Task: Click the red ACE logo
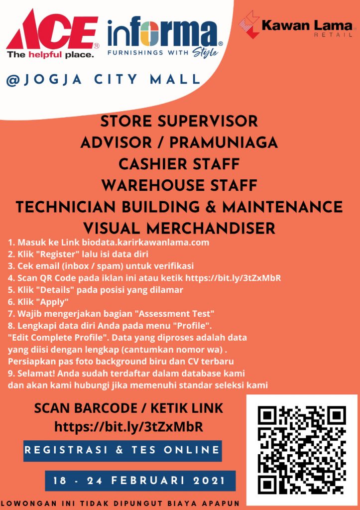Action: [x=52, y=30]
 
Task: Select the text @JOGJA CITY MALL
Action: [x=103, y=79]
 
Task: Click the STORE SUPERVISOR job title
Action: [x=179, y=122]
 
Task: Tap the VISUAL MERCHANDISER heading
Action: [x=179, y=228]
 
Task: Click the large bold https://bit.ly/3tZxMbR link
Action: [x=128, y=427]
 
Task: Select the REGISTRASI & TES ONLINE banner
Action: [x=122, y=450]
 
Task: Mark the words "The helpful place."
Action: [x=50, y=54]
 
